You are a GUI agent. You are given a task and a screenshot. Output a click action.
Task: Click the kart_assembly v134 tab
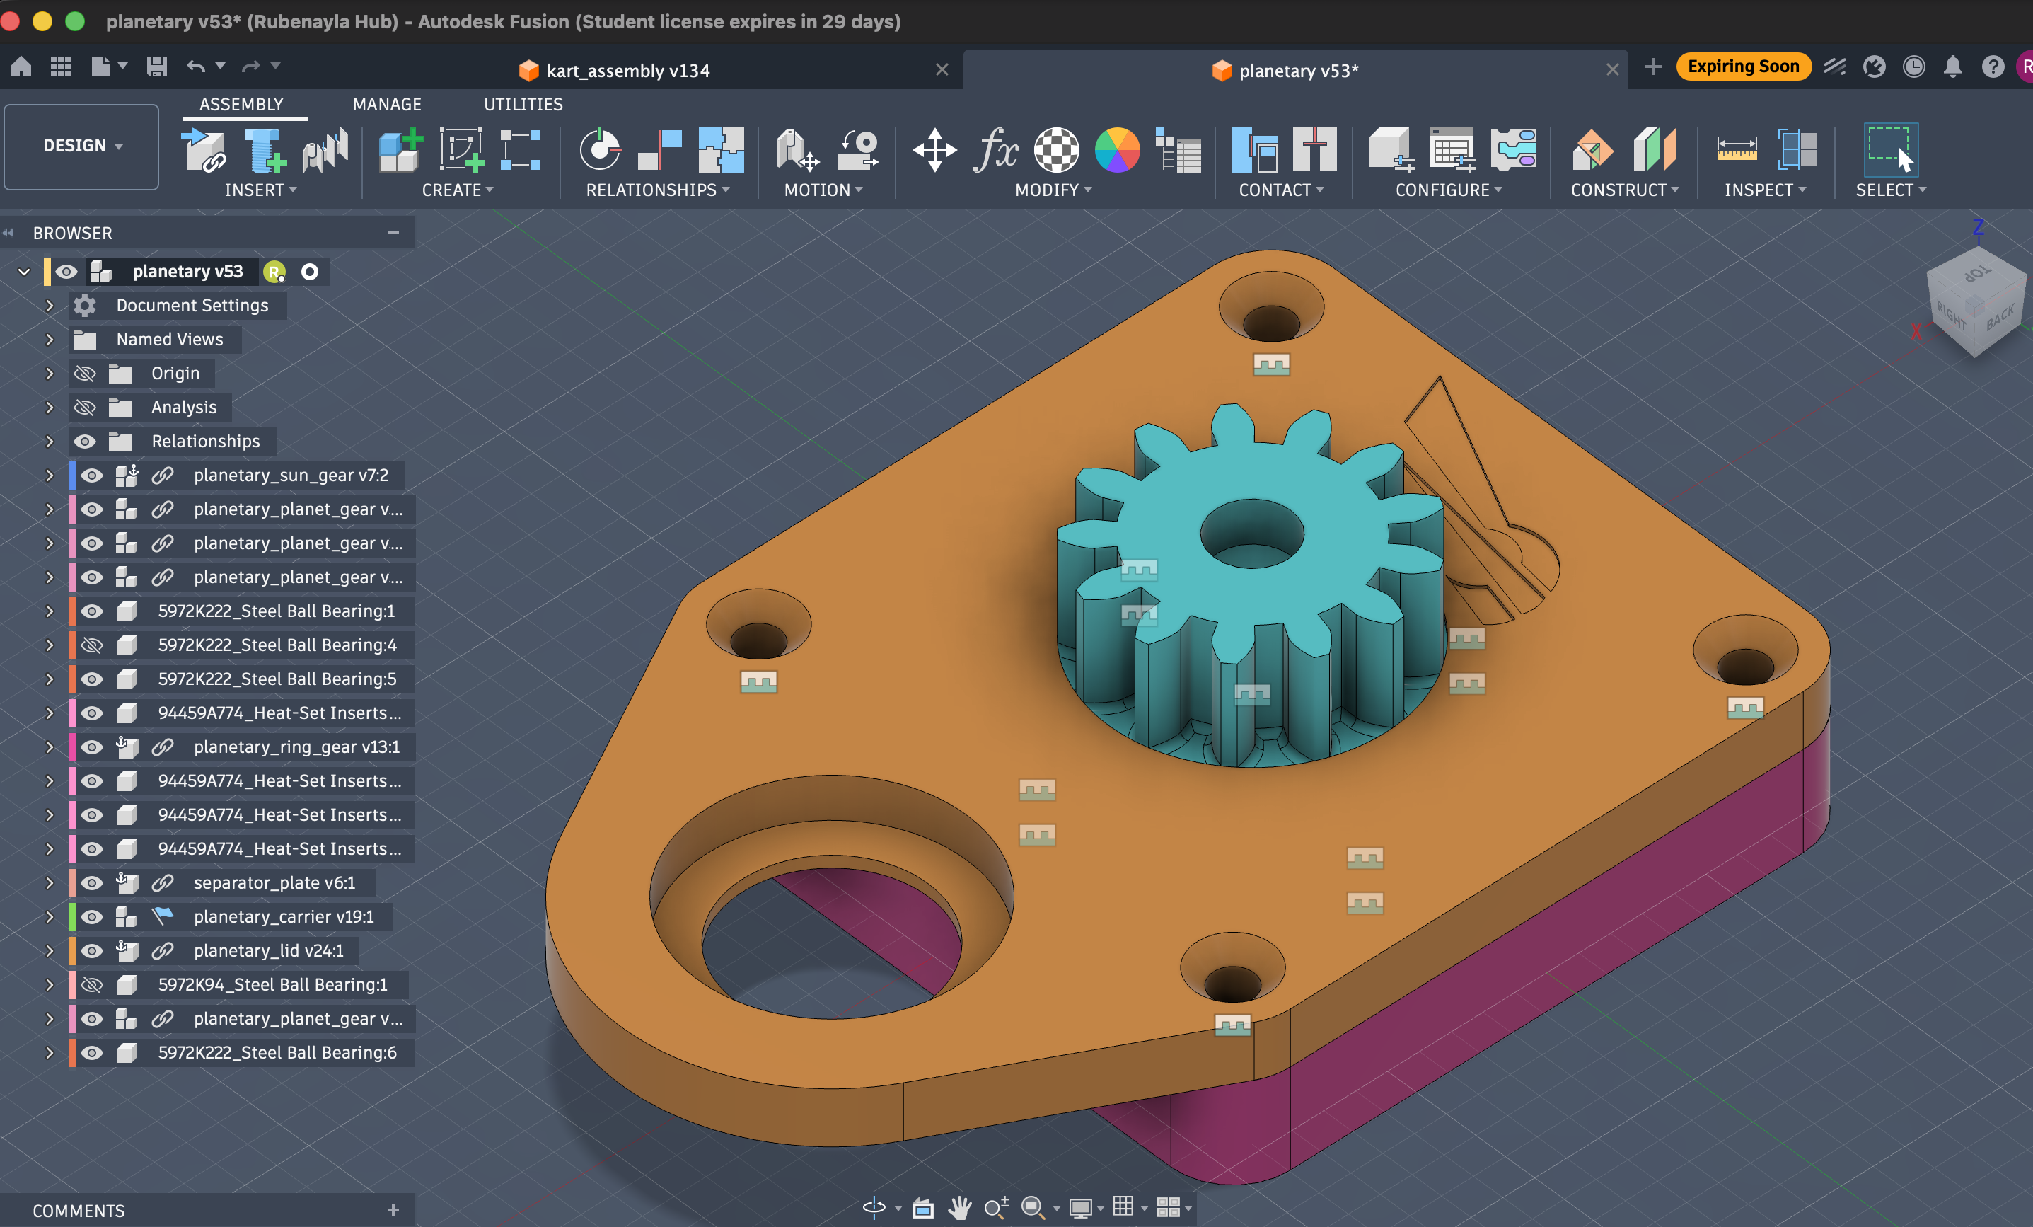click(627, 70)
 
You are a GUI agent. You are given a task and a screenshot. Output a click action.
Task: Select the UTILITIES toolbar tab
click(523, 104)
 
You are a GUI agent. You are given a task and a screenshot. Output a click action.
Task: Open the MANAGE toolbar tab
click(387, 104)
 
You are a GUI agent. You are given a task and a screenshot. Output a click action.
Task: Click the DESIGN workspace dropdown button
click(81, 146)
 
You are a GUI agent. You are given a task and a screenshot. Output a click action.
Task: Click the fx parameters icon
click(995, 150)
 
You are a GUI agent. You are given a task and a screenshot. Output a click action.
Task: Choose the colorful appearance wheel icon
click(1117, 150)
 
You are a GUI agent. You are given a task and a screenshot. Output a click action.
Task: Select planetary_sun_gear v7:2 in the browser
click(291, 476)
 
